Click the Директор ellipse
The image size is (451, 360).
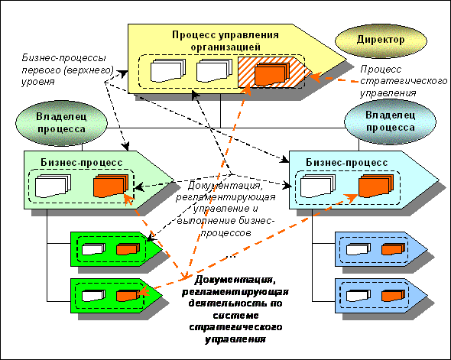(381, 41)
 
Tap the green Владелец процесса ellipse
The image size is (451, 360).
(61, 123)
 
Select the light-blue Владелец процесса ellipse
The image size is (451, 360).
(390, 122)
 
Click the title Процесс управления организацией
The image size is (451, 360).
(226, 41)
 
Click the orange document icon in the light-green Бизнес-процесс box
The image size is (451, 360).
(111, 186)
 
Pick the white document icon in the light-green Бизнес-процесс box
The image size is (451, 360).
(53, 186)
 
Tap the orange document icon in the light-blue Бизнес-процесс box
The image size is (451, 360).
(376, 186)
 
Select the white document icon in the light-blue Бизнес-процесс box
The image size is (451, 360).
(317, 186)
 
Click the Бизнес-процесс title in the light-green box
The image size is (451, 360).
(81, 163)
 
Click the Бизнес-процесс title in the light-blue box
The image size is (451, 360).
(346, 163)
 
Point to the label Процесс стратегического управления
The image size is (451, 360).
(404, 81)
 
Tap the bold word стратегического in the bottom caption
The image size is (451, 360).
(235, 327)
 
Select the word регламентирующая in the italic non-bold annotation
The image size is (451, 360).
(226, 197)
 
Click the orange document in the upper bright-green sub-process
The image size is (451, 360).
(128, 249)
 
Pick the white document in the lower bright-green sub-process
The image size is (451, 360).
(93, 296)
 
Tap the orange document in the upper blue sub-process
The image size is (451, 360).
(393, 249)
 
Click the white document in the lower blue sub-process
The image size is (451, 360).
(359, 296)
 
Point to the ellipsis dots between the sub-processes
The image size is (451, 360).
(231, 257)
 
